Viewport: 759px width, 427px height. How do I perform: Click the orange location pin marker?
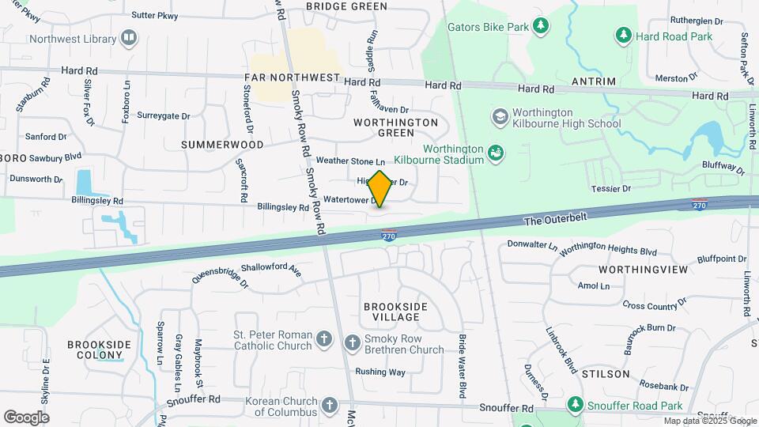pyautogui.click(x=379, y=189)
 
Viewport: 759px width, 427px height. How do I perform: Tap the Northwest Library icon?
pyautogui.click(x=129, y=37)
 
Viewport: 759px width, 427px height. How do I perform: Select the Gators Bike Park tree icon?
pyautogui.click(x=541, y=27)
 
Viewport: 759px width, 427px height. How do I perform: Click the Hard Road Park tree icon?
pyautogui.click(x=624, y=36)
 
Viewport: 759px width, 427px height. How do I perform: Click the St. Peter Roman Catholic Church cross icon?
pyautogui.click(x=323, y=340)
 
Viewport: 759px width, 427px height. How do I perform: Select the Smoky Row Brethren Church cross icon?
pyautogui.click(x=353, y=342)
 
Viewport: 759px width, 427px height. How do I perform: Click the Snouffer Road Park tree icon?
pyautogui.click(x=575, y=405)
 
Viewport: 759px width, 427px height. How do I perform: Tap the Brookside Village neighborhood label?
pyautogui.click(x=395, y=312)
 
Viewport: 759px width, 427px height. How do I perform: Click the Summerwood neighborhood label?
pyautogui.click(x=222, y=145)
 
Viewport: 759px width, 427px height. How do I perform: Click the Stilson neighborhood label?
pyautogui.click(x=605, y=373)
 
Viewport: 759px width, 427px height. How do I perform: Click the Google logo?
pyautogui.click(x=26, y=417)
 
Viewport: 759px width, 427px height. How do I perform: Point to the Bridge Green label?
pyautogui.click(x=346, y=6)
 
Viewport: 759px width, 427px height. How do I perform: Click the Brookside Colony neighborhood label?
pyautogui.click(x=98, y=350)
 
